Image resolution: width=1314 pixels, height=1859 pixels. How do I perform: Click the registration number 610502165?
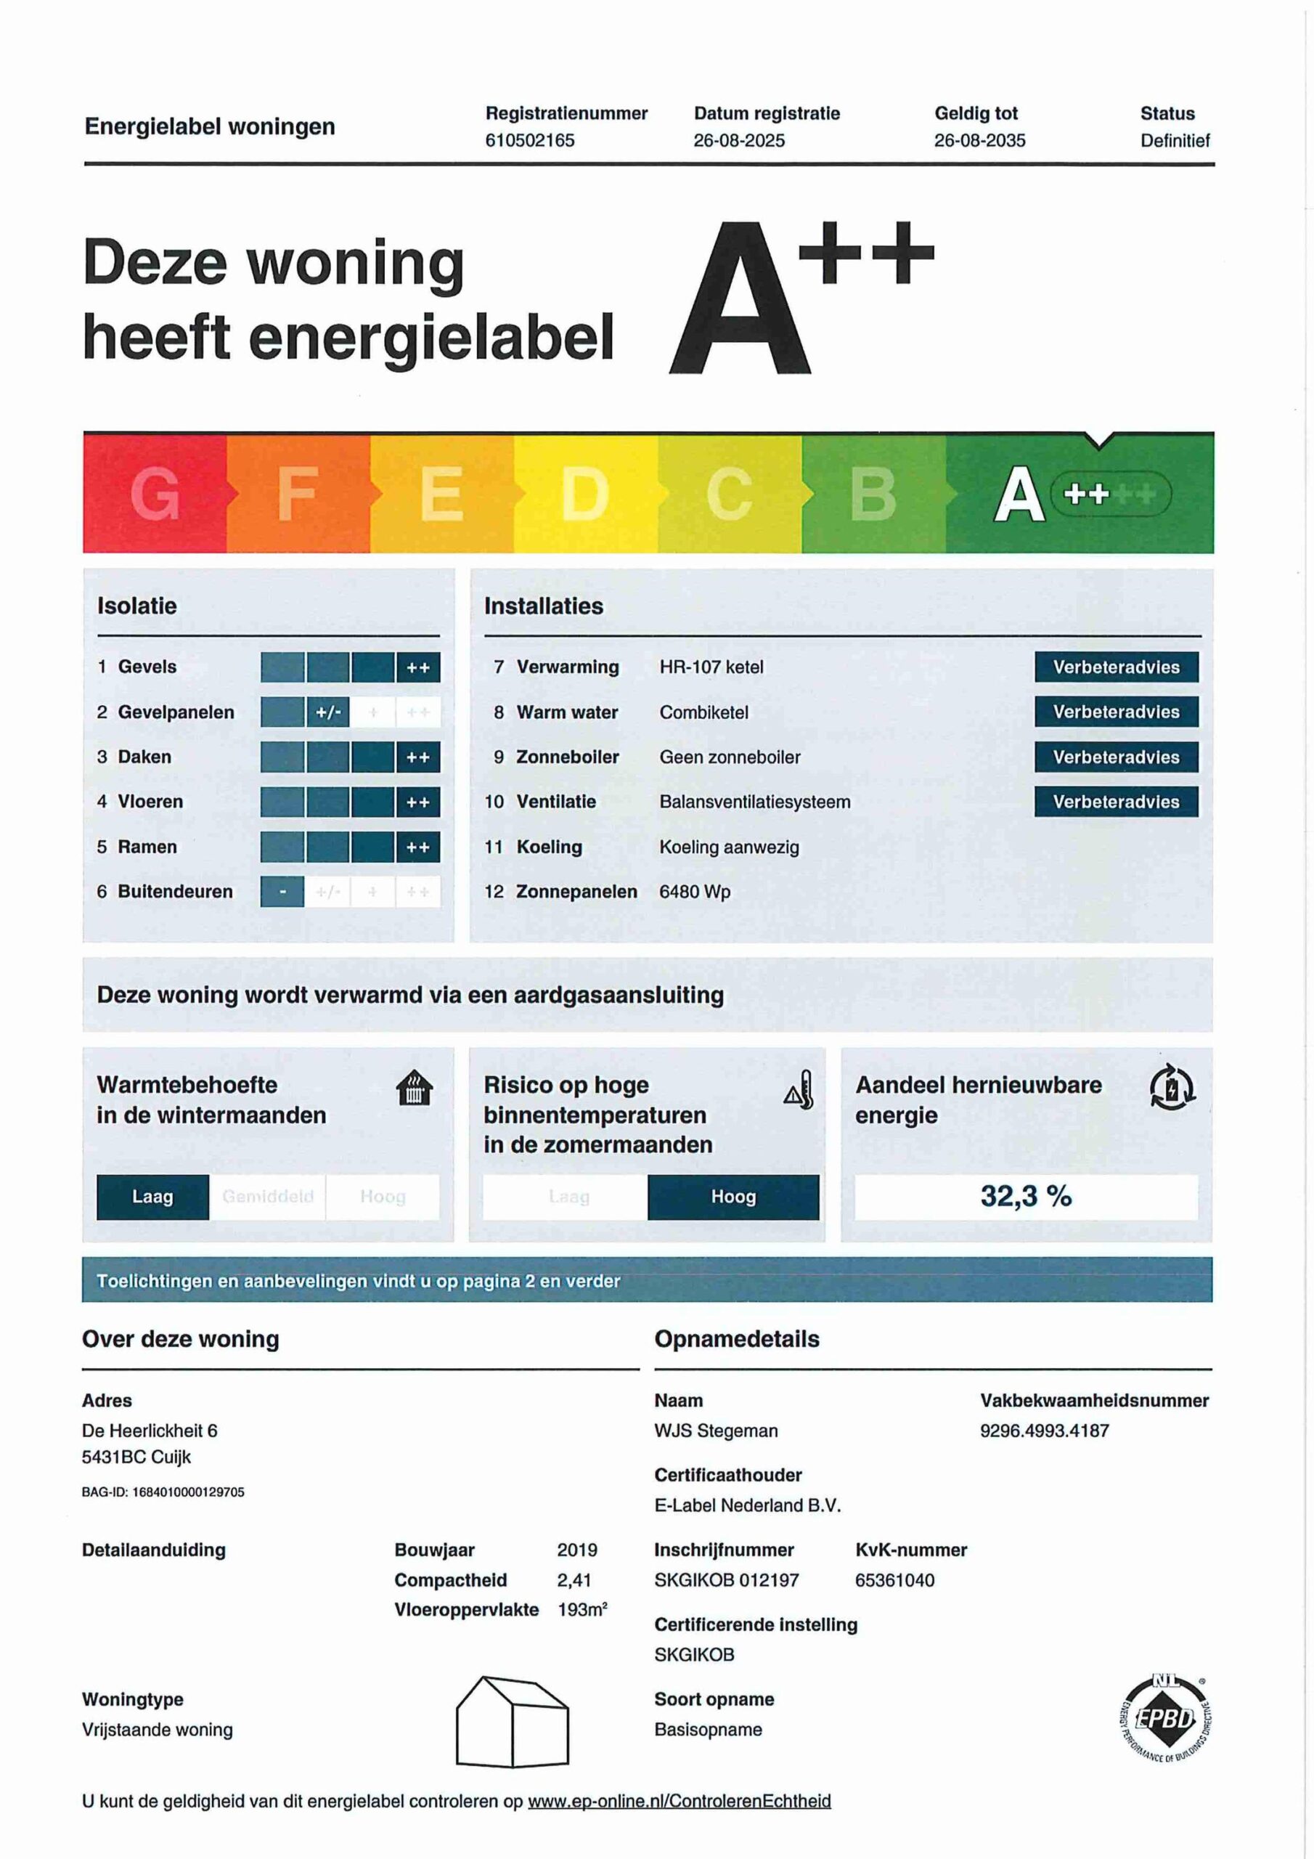(x=529, y=140)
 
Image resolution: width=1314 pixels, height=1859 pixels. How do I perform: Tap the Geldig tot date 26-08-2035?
(x=979, y=140)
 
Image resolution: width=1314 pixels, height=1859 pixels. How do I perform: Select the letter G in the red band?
(x=155, y=494)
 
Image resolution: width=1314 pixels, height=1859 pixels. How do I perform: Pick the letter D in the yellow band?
(x=584, y=494)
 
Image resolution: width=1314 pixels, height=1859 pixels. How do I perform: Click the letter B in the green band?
(x=873, y=494)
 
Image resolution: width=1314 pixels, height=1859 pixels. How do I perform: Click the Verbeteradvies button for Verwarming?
(x=1116, y=667)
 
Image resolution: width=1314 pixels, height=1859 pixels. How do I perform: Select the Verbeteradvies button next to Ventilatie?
(x=1116, y=802)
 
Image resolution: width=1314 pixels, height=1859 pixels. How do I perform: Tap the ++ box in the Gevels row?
(x=417, y=667)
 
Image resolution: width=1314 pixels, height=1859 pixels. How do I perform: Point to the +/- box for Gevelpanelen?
(x=328, y=712)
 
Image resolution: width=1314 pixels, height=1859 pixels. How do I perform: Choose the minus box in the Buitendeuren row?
(x=282, y=892)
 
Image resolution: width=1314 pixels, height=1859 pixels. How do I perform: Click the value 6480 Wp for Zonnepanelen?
(x=695, y=892)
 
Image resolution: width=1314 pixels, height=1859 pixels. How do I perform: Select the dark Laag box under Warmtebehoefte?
(x=152, y=1197)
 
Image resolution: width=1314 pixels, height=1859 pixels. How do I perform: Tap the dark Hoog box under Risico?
(x=733, y=1197)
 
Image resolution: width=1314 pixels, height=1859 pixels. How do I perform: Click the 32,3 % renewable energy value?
(x=1026, y=1196)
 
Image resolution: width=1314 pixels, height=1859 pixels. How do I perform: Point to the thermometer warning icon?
(x=799, y=1090)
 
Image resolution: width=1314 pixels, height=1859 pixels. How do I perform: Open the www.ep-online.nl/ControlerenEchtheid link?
(x=680, y=1801)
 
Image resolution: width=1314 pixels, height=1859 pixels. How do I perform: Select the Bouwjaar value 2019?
(x=576, y=1550)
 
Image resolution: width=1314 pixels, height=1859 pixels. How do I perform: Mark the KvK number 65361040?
(x=894, y=1579)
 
